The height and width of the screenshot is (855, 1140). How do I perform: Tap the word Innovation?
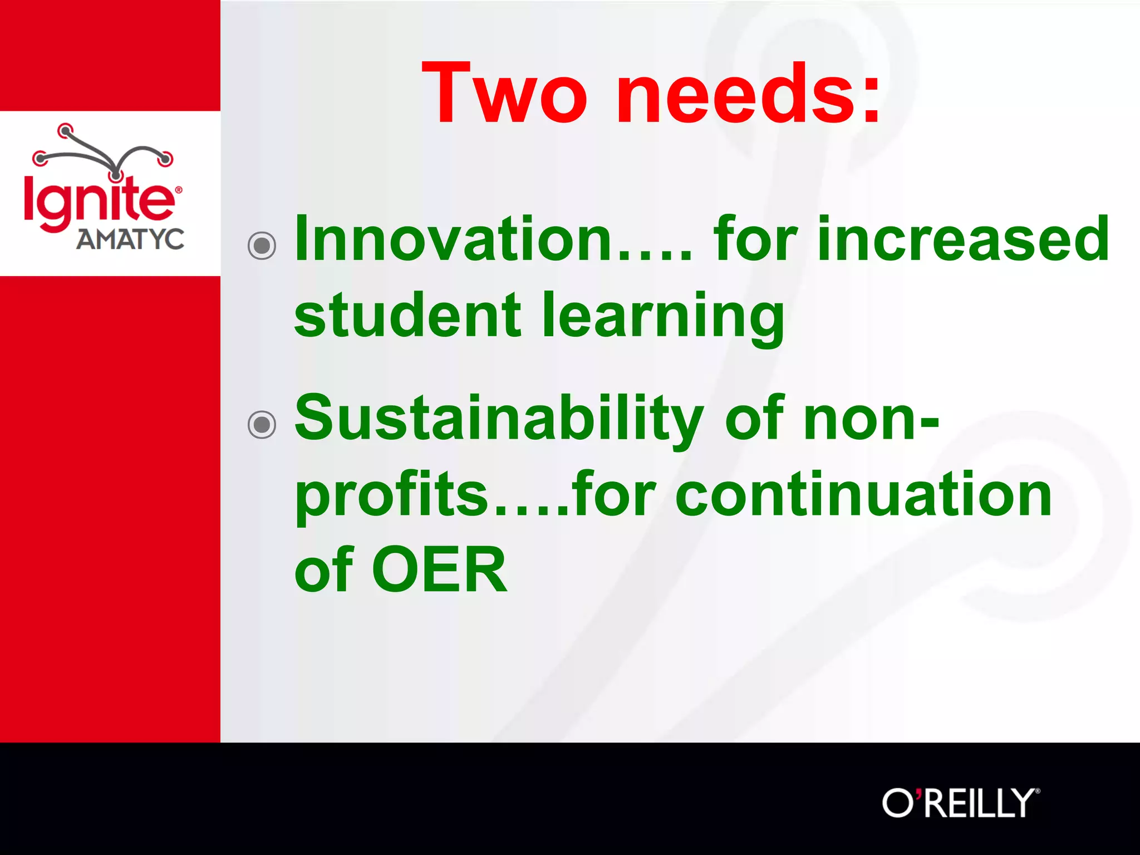tap(454, 239)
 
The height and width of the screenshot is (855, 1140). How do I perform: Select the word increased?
tap(963, 239)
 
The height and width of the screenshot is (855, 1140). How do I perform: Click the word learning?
tap(662, 316)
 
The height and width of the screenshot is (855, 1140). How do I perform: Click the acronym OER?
tap(440, 570)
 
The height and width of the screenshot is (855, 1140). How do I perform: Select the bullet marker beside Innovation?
tap(262, 245)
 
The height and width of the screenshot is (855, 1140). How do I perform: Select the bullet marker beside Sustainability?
tap(262, 425)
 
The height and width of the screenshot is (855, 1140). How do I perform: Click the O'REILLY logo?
tap(961, 803)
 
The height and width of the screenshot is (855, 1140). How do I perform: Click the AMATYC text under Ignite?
tap(130, 239)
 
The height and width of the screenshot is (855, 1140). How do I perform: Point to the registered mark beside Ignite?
tap(179, 190)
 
